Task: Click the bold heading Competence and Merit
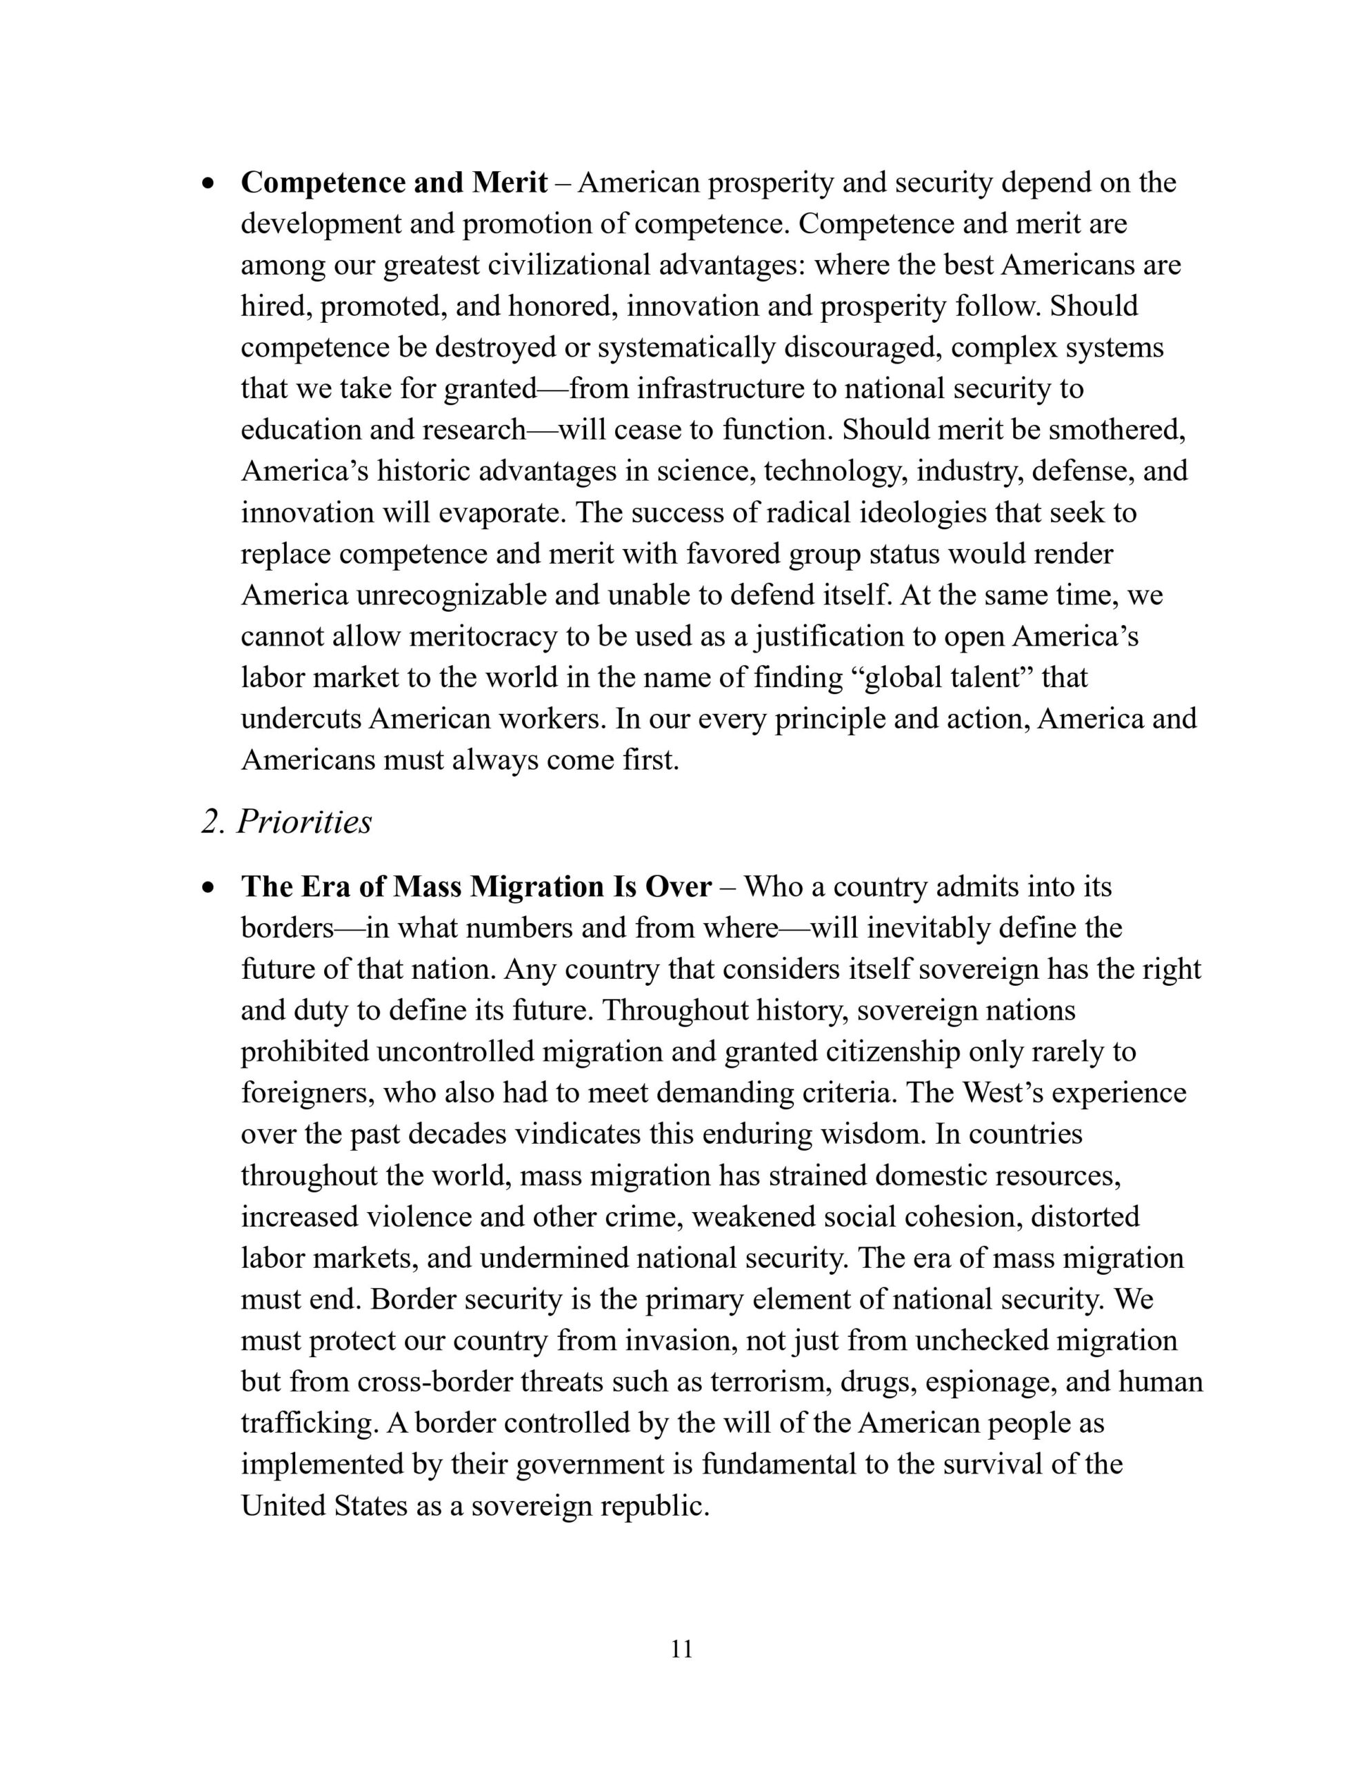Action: tap(394, 183)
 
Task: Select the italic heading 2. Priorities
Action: tap(286, 822)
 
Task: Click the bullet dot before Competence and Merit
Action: tap(210, 184)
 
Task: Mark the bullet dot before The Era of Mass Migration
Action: tap(210, 888)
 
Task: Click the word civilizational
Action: tap(570, 265)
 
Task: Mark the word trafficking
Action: tap(310, 1423)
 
